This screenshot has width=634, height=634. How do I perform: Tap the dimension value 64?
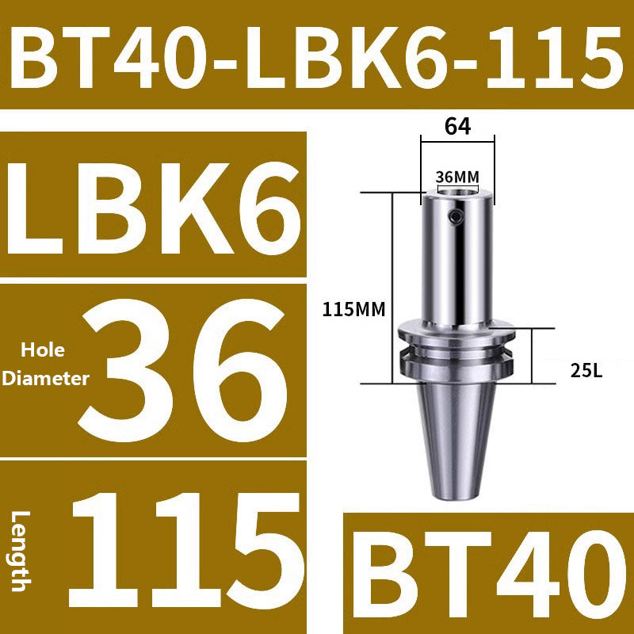[x=457, y=126]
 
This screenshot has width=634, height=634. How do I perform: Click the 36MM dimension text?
[x=457, y=177]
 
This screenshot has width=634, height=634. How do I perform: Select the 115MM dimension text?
[x=353, y=311]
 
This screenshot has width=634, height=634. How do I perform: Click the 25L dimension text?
[x=587, y=369]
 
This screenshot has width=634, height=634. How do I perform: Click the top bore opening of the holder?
[x=457, y=193]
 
